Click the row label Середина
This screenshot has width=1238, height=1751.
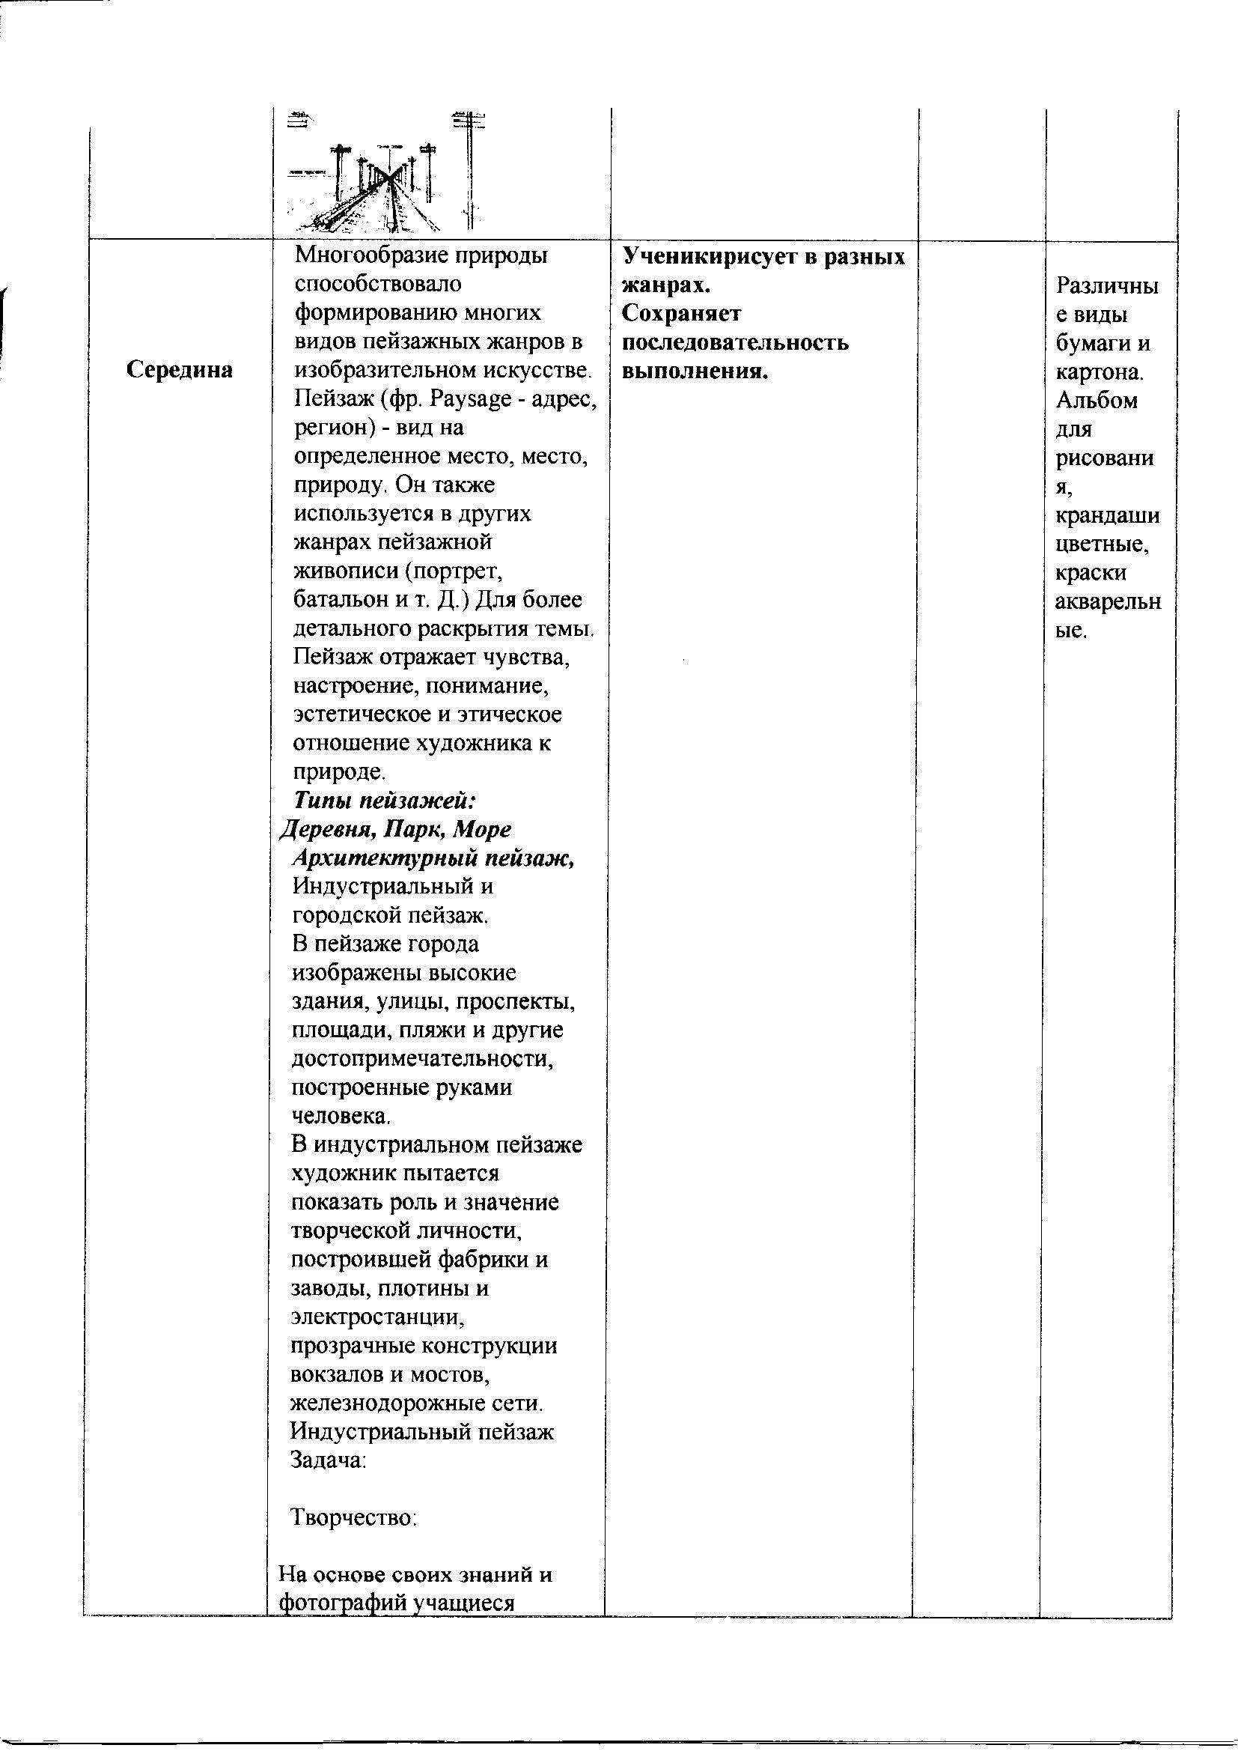tap(179, 370)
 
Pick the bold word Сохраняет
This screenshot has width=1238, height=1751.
tap(682, 314)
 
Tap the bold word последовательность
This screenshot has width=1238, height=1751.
tap(735, 342)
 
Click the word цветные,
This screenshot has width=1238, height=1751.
tap(1103, 544)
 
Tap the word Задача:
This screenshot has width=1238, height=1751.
tap(329, 1460)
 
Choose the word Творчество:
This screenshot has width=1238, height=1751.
tap(354, 1517)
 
